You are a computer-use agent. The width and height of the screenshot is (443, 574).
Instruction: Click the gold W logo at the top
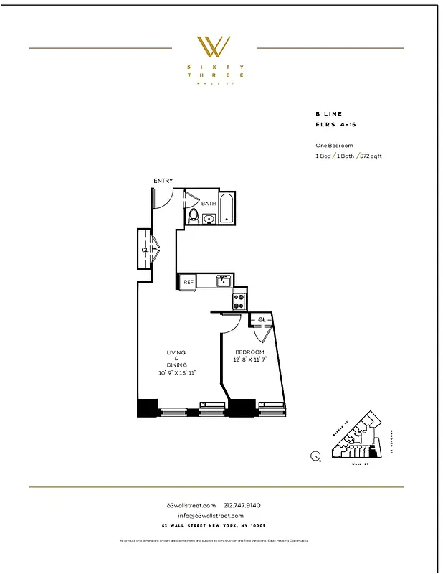tap(214, 47)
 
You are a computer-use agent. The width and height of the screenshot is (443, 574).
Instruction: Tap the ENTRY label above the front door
tap(163, 181)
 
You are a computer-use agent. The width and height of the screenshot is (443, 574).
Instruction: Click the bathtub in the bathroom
tap(227, 208)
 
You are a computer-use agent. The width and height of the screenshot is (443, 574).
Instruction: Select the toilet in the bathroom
tap(193, 215)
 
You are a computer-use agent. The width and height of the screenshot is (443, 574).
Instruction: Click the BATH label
tap(208, 204)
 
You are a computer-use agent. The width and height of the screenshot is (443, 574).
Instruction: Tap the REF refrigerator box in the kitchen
tap(189, 283)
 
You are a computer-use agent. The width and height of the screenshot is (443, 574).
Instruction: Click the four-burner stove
tap(239, 298)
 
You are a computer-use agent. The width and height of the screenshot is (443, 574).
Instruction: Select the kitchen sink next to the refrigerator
tap(224, 281)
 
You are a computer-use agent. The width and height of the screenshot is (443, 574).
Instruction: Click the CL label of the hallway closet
tap(145, 250)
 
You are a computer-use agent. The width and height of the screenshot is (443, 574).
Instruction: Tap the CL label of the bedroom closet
tap(262, 319)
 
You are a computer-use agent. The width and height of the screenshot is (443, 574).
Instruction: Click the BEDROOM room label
tap(249, 352)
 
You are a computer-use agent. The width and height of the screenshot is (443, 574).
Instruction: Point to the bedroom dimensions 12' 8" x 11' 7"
tap(249, 359)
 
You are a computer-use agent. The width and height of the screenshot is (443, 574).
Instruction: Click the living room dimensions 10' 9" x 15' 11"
tap(177, 373)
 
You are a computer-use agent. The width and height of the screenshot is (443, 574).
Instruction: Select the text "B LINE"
tap(329, 114)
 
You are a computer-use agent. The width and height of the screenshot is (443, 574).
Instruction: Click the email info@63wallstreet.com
tap(211, 516)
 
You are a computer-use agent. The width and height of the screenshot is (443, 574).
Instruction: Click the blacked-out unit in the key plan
tap(371, 453)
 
